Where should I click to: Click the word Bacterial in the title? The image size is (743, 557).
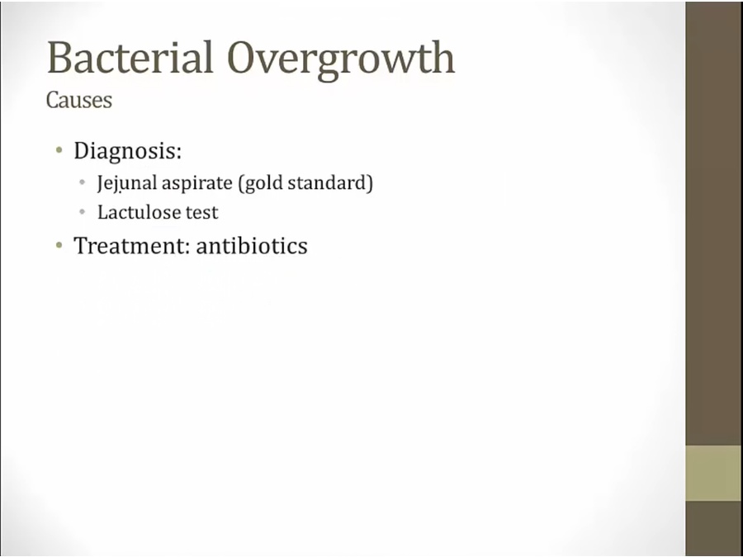coord(130,57)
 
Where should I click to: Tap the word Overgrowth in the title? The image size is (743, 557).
coord(342,60)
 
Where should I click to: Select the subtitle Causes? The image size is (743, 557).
coord(79,100)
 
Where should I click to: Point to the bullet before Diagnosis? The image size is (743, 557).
coord(59,151)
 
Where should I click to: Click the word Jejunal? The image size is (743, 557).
coord(127,184)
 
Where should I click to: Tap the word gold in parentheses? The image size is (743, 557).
coord(261,184)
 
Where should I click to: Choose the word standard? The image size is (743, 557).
coord(326,183)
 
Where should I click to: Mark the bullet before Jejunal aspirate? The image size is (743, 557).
coord(83,182)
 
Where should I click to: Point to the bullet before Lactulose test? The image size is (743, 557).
coord(83,211)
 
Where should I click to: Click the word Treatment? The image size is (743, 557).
coord(130,245)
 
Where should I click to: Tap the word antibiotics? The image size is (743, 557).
coord(252,245)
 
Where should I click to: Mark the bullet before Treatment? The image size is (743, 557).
coord(59,245)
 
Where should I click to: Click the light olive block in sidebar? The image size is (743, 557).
coord(713,473)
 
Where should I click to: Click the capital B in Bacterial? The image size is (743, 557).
coord(59,58)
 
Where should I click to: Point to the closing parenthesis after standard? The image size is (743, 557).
coord(370,184)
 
